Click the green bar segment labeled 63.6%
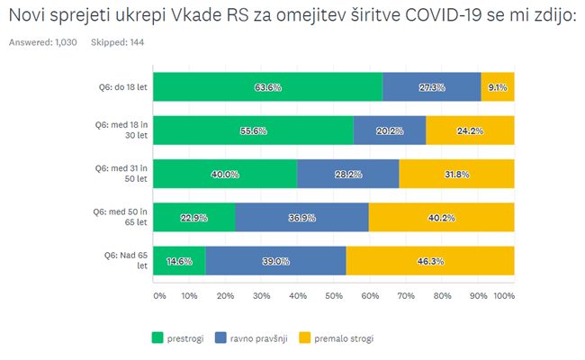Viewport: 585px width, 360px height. coord(267,87)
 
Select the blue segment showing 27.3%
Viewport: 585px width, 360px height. coord(431,87)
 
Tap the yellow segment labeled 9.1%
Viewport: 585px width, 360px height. coord(498,87)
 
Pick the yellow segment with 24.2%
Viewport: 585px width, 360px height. coord(470,130)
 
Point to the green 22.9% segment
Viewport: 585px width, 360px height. coord(194,217)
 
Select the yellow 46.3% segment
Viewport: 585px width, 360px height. coord(430,260)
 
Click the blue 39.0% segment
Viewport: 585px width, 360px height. coord(275,260)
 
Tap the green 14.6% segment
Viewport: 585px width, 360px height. coord(179,260)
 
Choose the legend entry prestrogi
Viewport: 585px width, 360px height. coord(177,338)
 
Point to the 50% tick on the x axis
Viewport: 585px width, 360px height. coord(333,295)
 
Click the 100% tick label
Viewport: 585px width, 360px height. coord(504,295)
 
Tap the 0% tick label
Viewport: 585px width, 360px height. coord(159,295)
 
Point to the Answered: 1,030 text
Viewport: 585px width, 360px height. coord(43,42)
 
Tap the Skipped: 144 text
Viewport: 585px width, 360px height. coord(118,42)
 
